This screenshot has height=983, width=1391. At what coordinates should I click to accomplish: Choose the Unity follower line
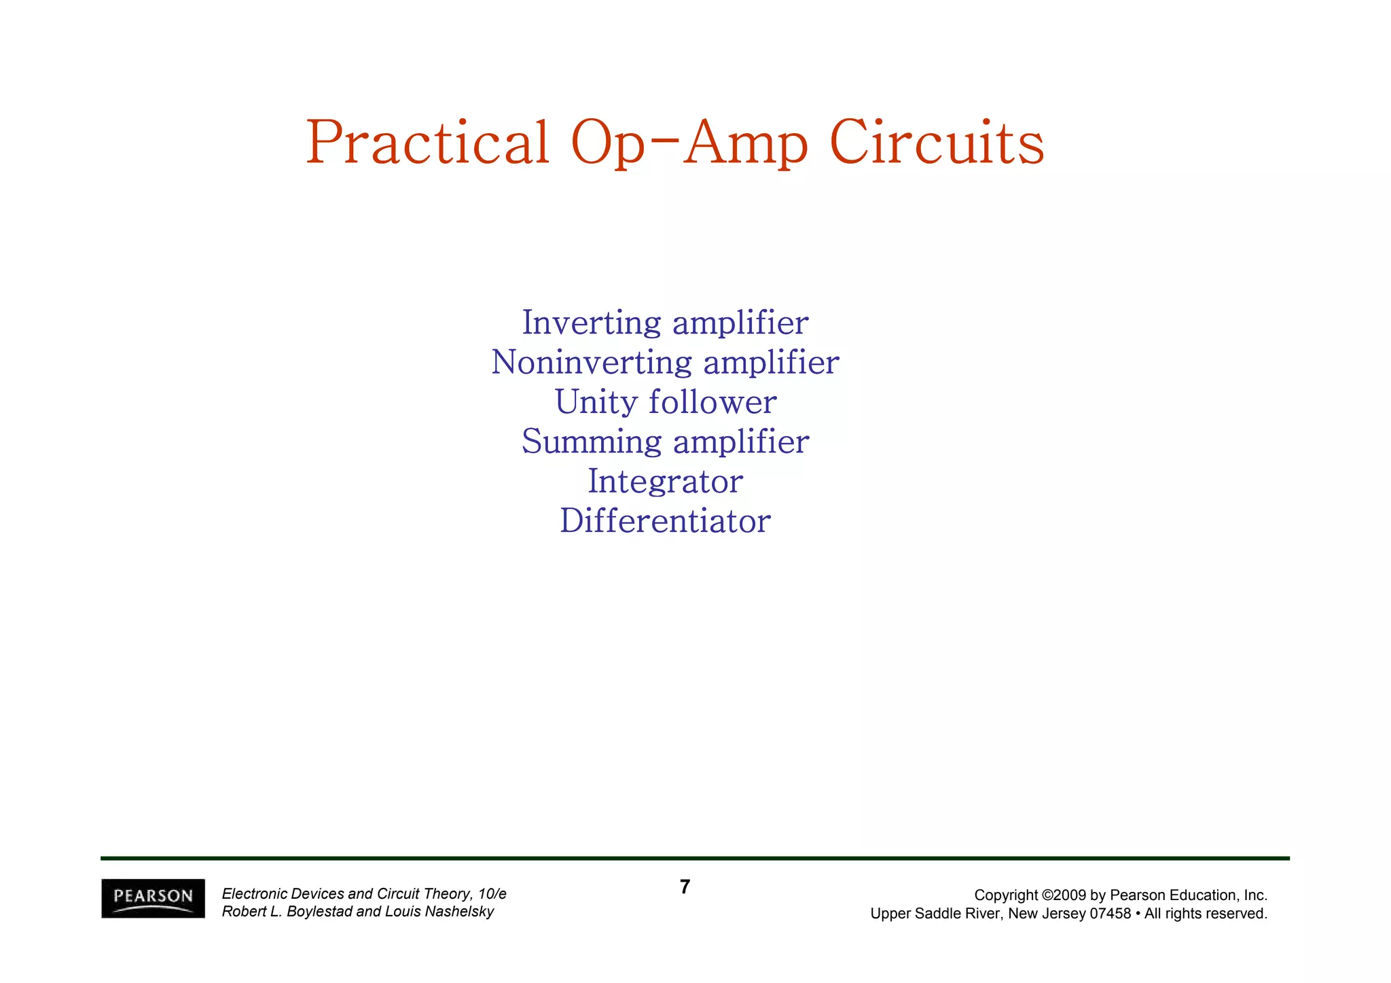665,401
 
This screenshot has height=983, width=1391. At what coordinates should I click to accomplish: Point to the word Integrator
665,482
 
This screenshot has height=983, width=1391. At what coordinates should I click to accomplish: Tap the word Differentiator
665,521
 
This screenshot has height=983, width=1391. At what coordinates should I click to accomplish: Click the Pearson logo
153,897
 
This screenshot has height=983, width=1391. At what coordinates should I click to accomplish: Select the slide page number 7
685,887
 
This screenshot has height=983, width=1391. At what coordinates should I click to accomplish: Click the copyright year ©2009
1064,895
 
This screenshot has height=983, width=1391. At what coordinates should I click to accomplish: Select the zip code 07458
1110,914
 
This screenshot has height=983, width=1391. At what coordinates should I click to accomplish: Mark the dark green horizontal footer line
695,858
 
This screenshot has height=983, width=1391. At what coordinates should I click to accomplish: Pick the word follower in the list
712,401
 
